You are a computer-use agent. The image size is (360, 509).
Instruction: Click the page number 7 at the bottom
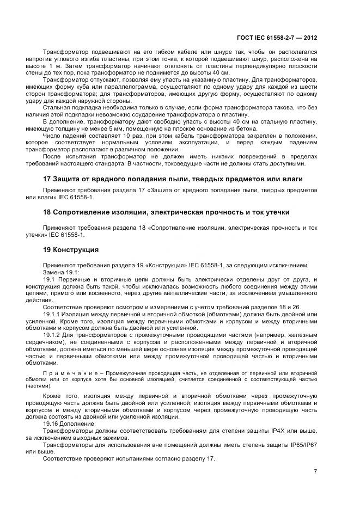click(x=315, y=471)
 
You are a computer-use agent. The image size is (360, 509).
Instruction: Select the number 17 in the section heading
click(x=47, y=179)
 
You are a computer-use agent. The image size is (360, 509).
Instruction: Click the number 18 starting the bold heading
click(x=47, y=212)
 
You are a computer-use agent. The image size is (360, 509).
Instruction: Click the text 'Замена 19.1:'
click(x=61, y=272)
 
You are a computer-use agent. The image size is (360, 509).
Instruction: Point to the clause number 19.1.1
click(x=52, y=314)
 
